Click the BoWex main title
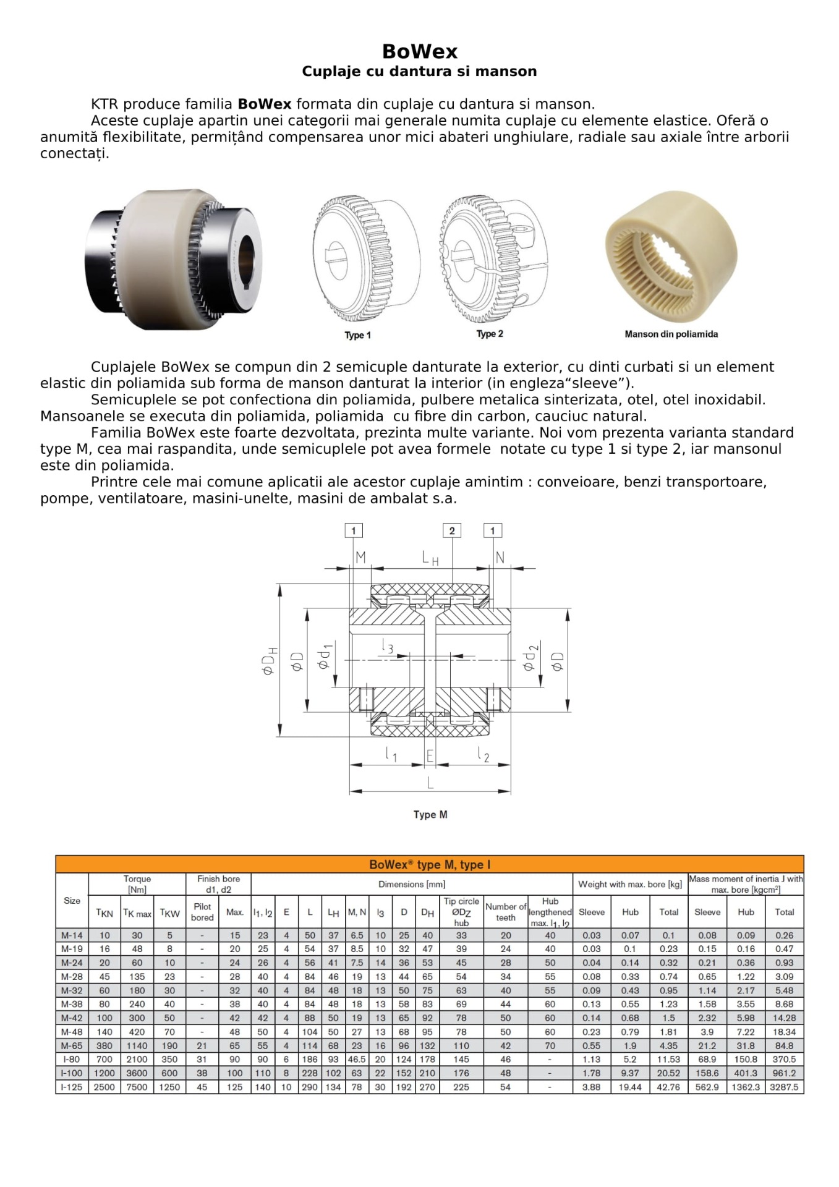click(x=419, y=51)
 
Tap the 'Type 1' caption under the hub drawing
click(x=357, y=335)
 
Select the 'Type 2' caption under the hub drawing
click(x=490, y=334)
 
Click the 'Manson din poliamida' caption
click(x=671, y=334)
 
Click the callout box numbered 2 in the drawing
click(x=452, y=530)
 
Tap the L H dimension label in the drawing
click(x=430, y=558)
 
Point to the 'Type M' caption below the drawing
click(x=430, y=815)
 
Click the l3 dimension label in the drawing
click(x=387, y=647)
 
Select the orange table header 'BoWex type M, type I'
click(x=430, y=864)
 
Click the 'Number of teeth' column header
click(x=505, y=912)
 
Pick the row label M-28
click(x=72, y=977)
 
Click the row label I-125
click(x=72, y=1087)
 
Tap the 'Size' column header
click(x=72, y=901)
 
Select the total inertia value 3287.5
click(x=784, y=1087)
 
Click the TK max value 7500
click(x=137, y=1087)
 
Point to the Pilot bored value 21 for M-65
click(x=202, y=1046)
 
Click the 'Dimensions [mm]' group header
click(x=412, y=884)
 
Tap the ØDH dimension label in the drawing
click(x=270, y=660)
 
